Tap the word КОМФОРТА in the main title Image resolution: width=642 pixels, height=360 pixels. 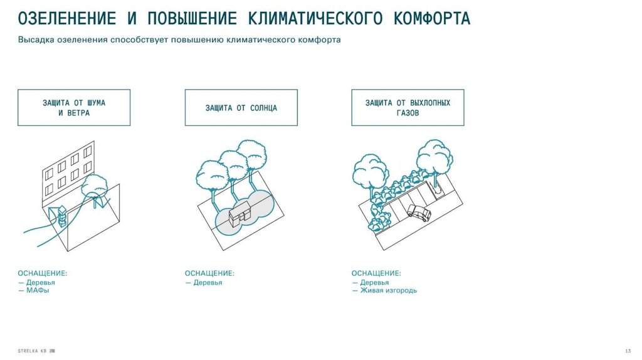pyautogui.click(x=431, y=18)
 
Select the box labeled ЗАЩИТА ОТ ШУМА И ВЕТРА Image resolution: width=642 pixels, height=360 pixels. pyautogui.click(x=73, y=107)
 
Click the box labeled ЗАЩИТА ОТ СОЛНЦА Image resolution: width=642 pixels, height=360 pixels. pyautogui.click(x=241, y=107)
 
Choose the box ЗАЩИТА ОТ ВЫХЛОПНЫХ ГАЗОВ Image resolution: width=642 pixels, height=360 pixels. pyautogui.click(x=408, y=107)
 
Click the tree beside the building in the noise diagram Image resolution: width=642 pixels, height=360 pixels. pyautogui.click(x=95, y=186)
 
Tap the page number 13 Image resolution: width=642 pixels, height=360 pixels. pyautogui.click(x=628, y=349)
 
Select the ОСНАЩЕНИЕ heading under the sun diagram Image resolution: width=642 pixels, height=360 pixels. pyautogui.click(x=209, y=273)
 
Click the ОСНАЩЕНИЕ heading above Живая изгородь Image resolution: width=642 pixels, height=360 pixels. pyautogui.click(x=376, y=273)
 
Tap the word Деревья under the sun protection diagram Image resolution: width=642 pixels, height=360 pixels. pyautogui.click(x=208, y=282)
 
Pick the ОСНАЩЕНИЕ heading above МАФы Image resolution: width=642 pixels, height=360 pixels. pyautogui.click(x=42, y=273)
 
